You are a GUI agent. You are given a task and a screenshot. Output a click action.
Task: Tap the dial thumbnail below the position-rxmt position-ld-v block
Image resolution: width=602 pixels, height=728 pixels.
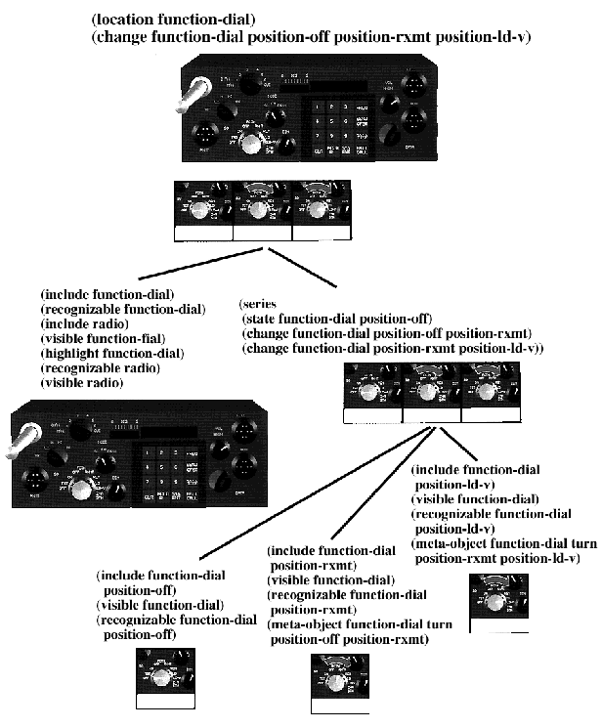pyautogui.click(x=497, y=601)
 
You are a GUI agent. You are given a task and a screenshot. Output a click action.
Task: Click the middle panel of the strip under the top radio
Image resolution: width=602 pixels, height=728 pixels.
pyautogui.click(x=262, y=209)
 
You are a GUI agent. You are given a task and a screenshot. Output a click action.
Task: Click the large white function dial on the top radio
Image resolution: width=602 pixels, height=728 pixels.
pyautogui.click(x=252, y=144)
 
